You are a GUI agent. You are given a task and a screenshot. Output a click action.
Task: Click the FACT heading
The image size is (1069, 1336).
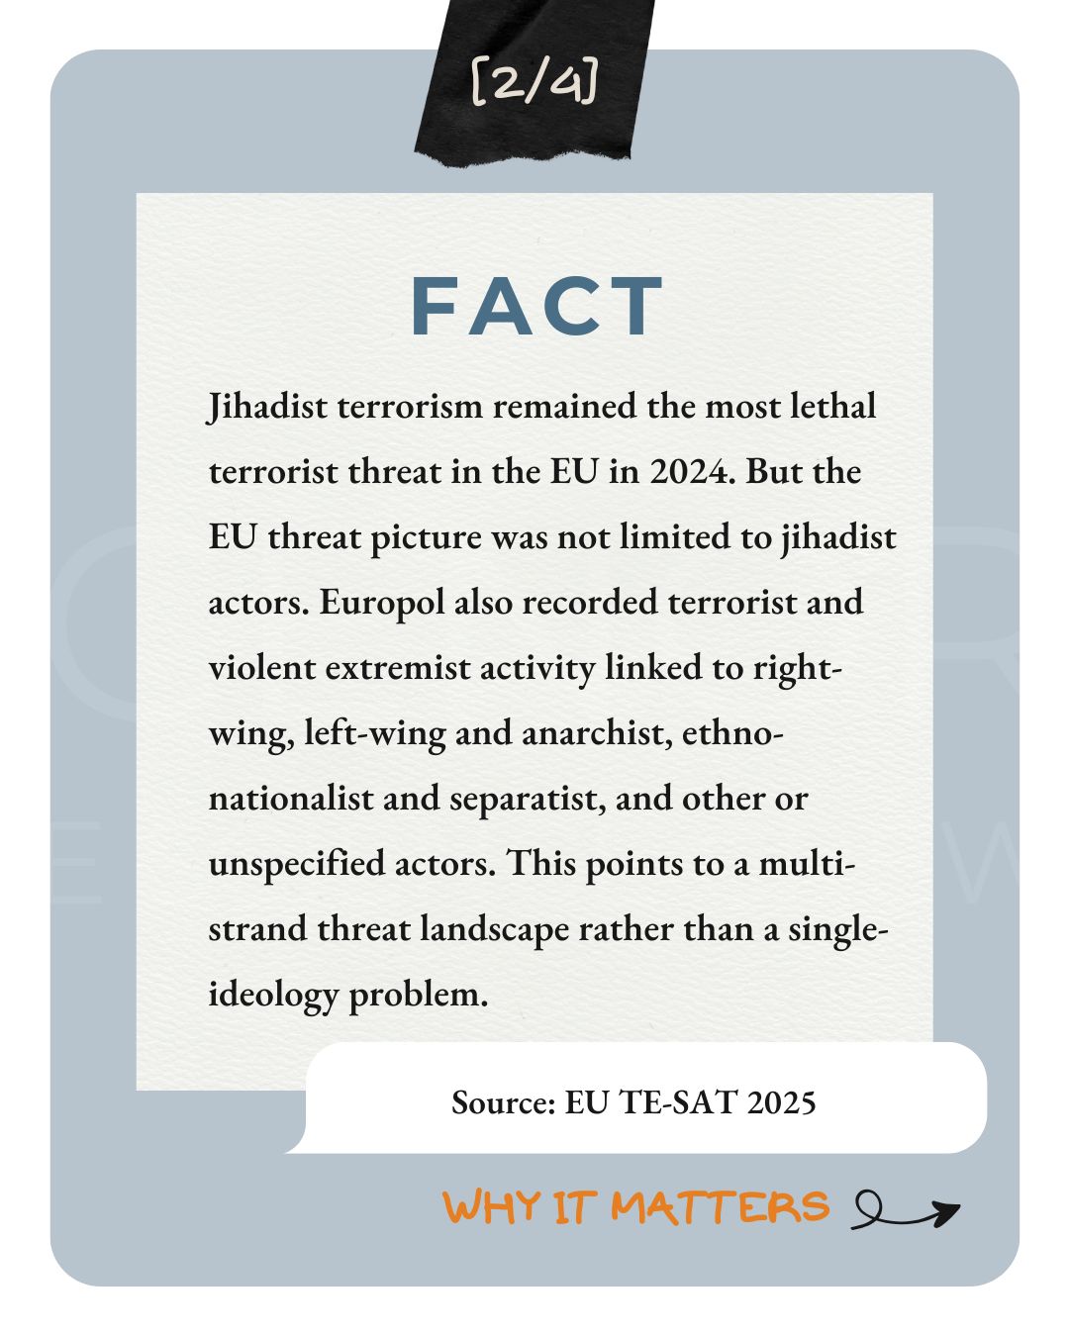tap(536, 307)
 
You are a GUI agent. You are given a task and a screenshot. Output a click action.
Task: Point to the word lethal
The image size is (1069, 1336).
tap(832, 406)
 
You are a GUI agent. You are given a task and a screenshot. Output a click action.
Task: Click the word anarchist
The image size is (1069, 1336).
tap(592, 732)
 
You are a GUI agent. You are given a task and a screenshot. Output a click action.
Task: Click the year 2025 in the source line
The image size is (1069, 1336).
tap(782, 1102)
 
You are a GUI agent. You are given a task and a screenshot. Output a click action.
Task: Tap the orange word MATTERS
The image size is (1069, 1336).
tap(720, 1207)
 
